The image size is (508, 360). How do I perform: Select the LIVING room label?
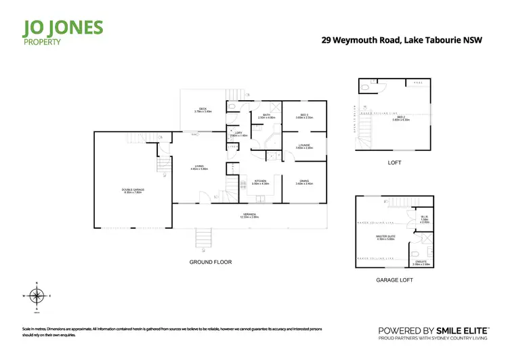tap(200, 167)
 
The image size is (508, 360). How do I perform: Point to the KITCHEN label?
tap(261, 182)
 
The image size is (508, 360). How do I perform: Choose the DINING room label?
tap(304, 182)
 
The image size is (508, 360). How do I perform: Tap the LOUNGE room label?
tap(304, 146)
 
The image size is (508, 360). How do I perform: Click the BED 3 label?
tap(304, 116)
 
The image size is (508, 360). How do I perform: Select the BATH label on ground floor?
tap(267, 116)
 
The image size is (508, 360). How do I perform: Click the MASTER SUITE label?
tap(385, 237)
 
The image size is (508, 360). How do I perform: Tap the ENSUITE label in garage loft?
tap(421, 263)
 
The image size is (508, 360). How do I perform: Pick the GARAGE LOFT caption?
tap(393, 279)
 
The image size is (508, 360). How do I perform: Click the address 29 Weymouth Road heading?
tap(401, 41)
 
